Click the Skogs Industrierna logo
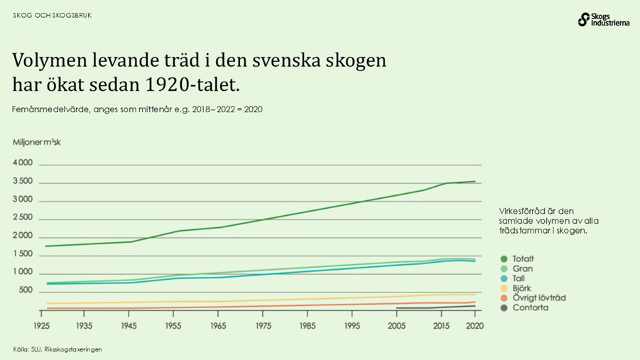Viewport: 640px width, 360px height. point(604,19)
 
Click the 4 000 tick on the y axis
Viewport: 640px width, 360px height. point(23,163)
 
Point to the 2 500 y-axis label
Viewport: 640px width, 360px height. point(23,218)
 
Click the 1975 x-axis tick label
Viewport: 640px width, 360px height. point(263,325)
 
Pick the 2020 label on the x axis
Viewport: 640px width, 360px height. point(474,325)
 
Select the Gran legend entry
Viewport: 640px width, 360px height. point(521,269)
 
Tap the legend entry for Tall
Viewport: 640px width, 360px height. point(519,279)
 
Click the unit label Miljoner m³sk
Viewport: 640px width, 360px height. point(37,142)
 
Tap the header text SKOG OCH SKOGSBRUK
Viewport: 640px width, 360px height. point(52,15)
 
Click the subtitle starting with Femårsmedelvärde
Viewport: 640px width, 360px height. point(137,110)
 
